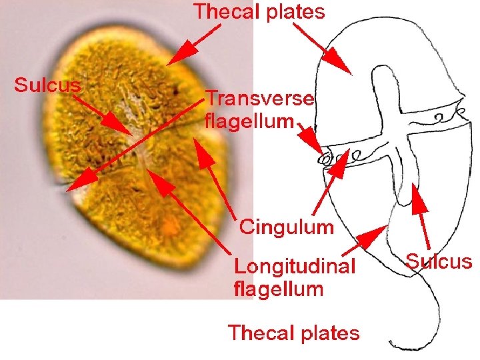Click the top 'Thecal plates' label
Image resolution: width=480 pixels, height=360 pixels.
click(259, 11)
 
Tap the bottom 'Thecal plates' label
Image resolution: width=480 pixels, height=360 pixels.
click(293, 332)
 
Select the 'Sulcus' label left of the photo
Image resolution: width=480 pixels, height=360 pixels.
click(48, 85)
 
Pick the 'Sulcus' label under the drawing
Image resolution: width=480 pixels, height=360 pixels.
click(439, 261)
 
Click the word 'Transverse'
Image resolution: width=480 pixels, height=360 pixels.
click(259, 99)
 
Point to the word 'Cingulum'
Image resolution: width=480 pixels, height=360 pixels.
click(286, 227)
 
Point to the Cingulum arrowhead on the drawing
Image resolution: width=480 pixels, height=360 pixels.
click(337, 167)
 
